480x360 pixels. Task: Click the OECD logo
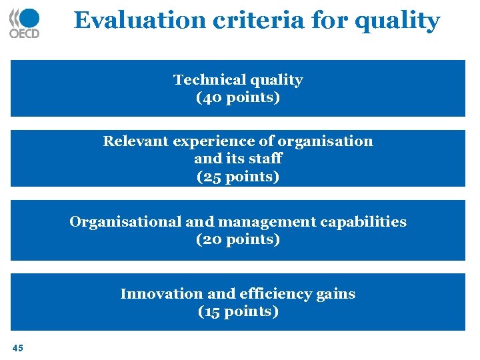pos(24,23)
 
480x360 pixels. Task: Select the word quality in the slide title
pos(397,21)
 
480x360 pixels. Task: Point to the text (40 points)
pos(238,97)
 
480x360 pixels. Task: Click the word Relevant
pos(136,141)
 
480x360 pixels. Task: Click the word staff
pos(266,159)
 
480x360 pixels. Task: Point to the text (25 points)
pos(238,177)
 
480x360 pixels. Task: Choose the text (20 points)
pos(238,239)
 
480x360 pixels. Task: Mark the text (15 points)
pos(238,311)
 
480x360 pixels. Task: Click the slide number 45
pos(17,347)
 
